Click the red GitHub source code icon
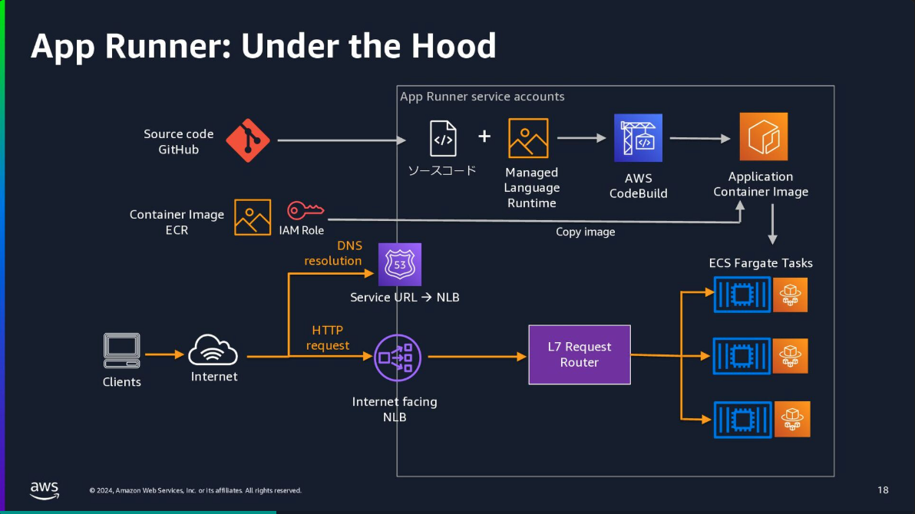248,140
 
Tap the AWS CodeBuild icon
638,137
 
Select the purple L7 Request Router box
580,354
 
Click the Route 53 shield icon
400,265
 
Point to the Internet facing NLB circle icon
398,357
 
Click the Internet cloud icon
213,350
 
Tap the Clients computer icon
122,351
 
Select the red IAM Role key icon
306,210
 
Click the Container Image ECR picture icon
253,217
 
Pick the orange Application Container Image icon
763,137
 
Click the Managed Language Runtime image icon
528,138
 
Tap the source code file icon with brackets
443,138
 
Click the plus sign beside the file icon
484,136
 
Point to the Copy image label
585,232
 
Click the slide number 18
883,490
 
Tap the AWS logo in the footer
45,490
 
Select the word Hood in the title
454,45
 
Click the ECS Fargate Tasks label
761,263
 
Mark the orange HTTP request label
327,338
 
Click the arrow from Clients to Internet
164,354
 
